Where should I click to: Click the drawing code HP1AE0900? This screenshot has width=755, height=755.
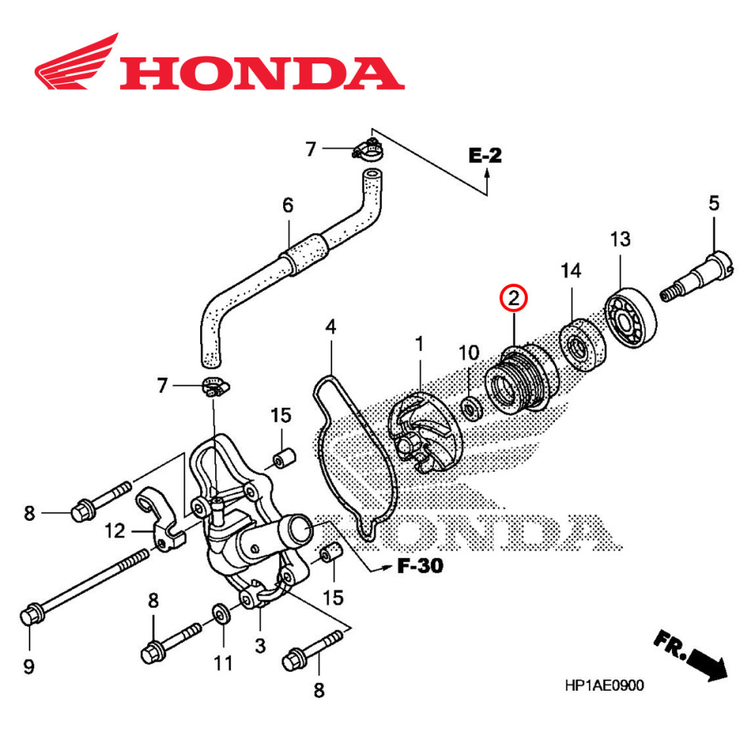tap(604, 686)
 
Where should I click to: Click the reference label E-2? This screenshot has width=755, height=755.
tap(485, 156)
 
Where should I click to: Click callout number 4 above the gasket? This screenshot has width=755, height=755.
tap(330, 327)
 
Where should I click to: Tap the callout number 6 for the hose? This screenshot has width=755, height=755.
tap(287, 205)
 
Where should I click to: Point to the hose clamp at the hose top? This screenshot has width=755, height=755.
tap(367, 149)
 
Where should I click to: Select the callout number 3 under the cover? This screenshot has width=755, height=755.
tap(259, 645)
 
